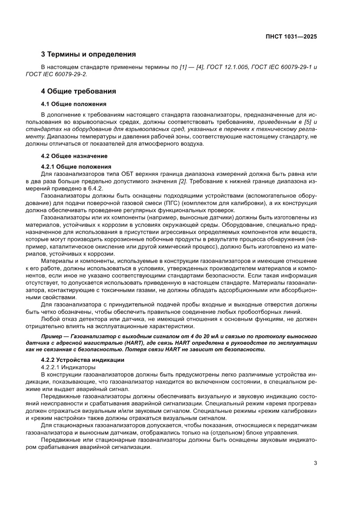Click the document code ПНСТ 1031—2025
click(x=291, y=37)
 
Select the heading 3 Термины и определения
click(x=88, y=54)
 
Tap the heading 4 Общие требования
click(x=78, y=91)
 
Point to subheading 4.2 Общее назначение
click(x=74, y=155)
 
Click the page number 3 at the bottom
click(x=315, y=463)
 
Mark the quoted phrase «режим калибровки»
click(x=291, y=410)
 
